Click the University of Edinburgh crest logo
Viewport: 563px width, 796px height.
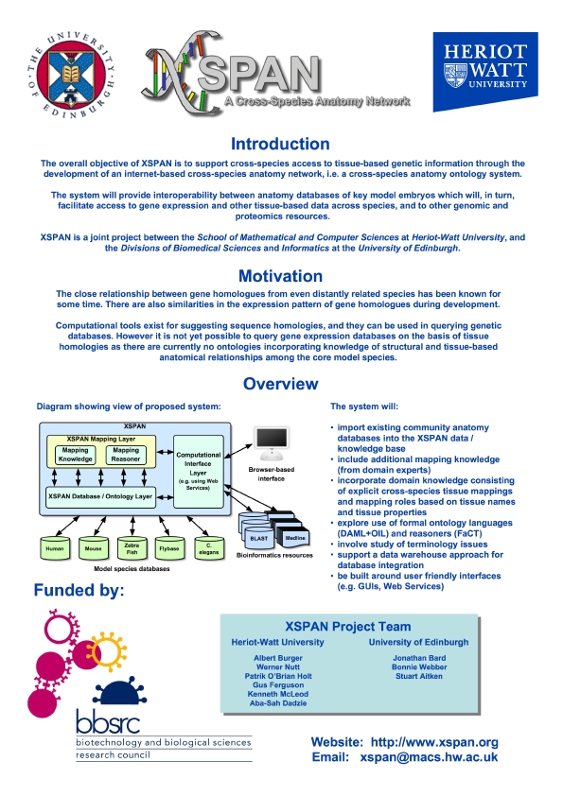click(x=71, y=76)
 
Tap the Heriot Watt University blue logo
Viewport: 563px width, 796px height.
click(x=485, y=72)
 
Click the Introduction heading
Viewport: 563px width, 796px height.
click(x=280, y=145)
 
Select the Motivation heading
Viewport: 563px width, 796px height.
click(x=280, y=276)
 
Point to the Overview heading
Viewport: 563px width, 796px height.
click(x=280, y=384)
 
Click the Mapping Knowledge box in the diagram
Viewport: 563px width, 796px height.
click(x=75, y=455)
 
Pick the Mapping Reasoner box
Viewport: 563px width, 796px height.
click(x=126, y=455)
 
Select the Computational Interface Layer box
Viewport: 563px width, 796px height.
click(x=198, y=472)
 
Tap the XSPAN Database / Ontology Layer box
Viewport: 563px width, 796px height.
click(x=100, y=496)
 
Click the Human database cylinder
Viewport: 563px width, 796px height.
click(x=55, y=548)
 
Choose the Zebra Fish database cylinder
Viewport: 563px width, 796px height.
click(x=132, y=548)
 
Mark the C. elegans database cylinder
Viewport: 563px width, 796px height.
click(x=209, y=548)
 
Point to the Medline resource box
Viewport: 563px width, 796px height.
click(x=294, y=538)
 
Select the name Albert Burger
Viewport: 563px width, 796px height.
click(x=278, y=658)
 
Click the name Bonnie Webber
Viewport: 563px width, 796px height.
click(x=419, y=667)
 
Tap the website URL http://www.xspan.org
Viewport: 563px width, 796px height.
click(x=434, y=742)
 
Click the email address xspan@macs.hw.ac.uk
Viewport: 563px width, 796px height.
click(x=429, y=757)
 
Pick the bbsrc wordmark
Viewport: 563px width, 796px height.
click(x=108, y=721)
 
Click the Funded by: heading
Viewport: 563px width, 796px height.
click(x=79, y=591)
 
